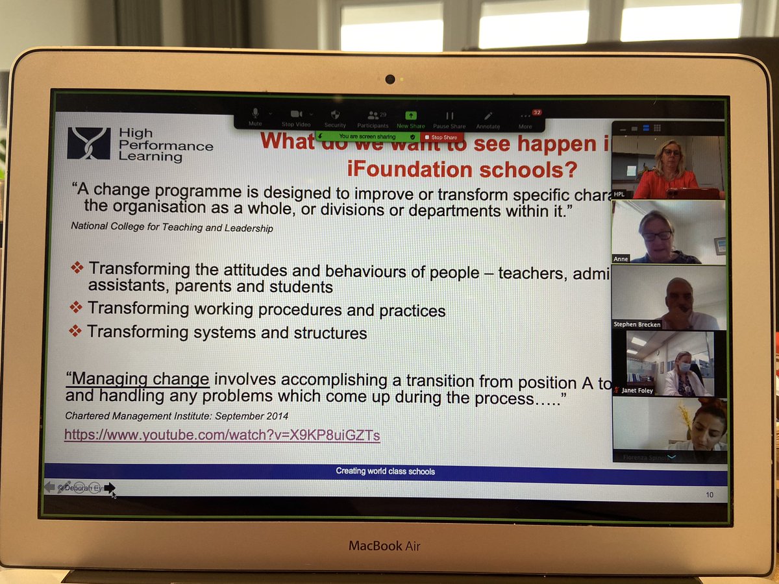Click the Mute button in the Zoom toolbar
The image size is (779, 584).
[255, 117]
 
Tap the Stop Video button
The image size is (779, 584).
[296, 117]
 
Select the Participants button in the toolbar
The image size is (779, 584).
[373, 117]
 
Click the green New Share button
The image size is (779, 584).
[411, 117]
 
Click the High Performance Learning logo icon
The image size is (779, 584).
[89, 143]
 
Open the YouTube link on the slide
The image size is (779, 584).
[222, 435]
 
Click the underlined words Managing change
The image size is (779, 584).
[138, 379]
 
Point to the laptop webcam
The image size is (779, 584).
[389, 79]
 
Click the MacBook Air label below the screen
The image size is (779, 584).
[384, 546]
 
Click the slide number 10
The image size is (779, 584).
[710, 495]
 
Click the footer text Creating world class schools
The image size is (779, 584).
[386, 471]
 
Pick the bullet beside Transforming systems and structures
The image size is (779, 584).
[76, 331]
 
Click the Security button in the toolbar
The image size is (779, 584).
[335, 117]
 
